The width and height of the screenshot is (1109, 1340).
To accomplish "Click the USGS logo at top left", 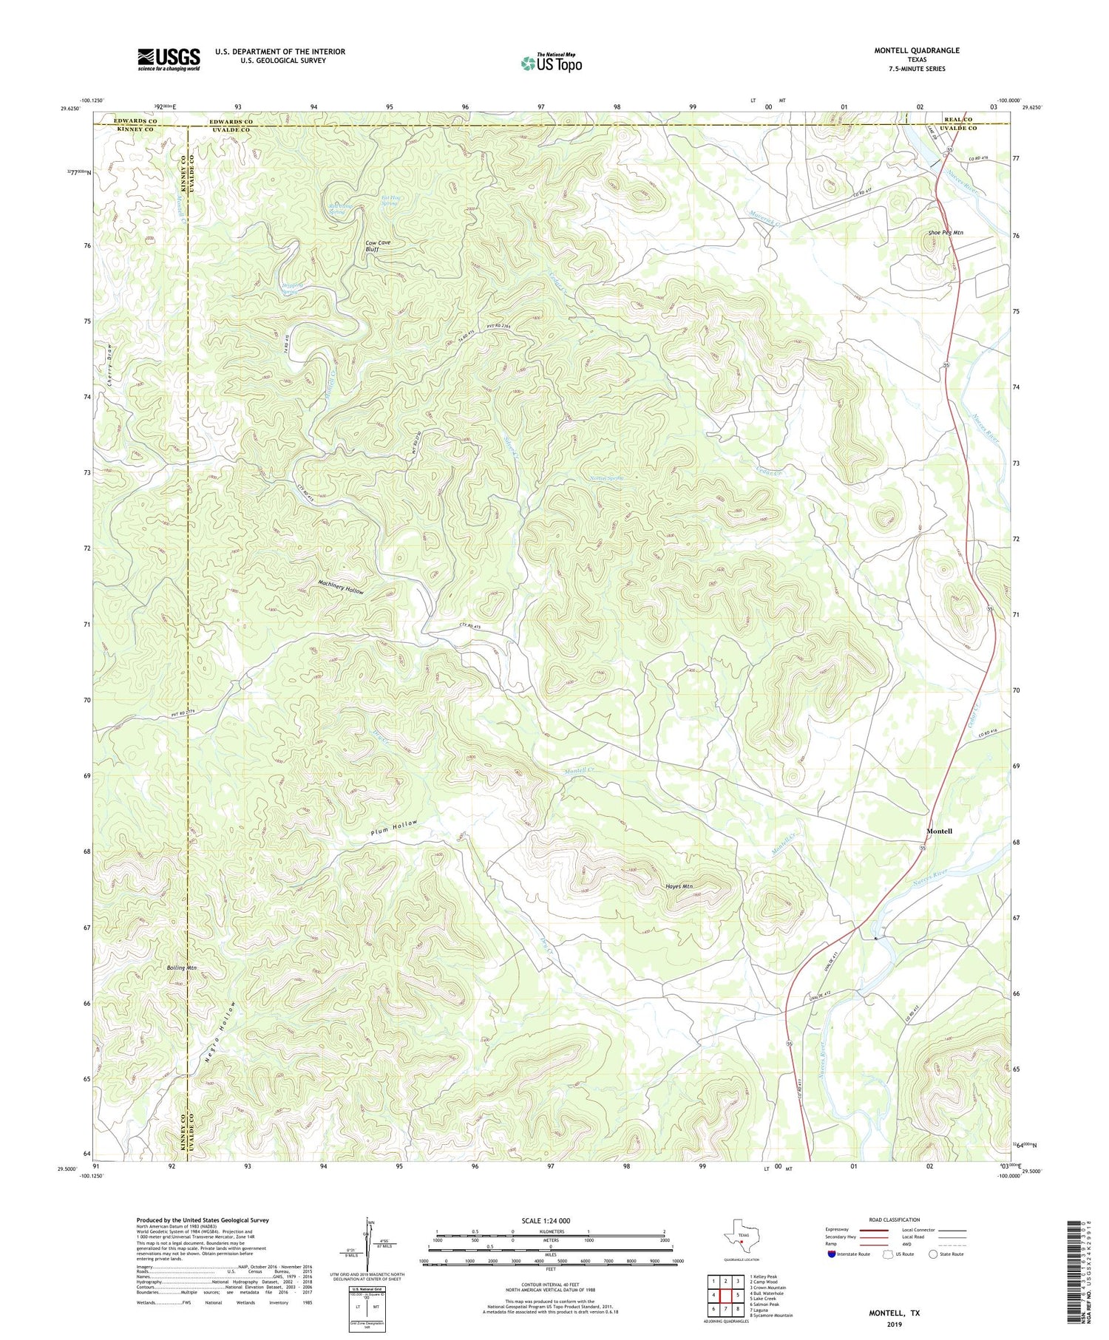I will coord(169,59).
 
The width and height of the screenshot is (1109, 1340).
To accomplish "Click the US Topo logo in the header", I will coord(551,64).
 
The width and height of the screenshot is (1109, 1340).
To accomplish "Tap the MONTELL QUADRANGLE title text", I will coord(917,50).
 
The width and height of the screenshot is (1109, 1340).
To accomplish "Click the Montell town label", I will coord(939,831).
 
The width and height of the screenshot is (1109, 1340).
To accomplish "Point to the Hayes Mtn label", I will coord(679,886).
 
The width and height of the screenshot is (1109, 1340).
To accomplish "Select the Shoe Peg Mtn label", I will coord(946,233).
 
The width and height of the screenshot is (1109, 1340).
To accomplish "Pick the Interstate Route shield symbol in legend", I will coord(832,1254).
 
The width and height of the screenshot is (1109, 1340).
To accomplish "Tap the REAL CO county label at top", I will coord(957,119).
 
